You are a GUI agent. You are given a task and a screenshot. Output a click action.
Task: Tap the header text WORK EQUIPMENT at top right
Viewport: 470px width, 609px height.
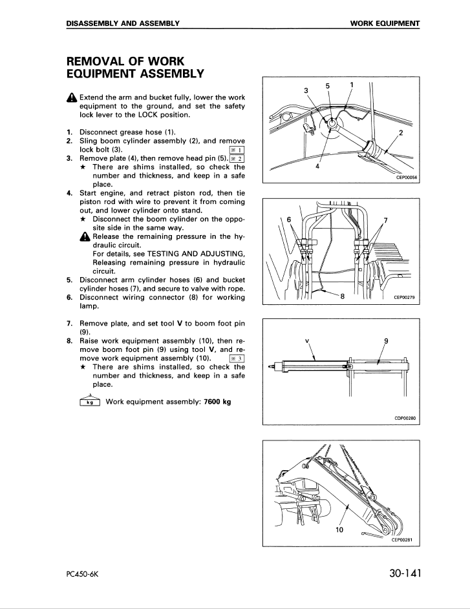(385, 24)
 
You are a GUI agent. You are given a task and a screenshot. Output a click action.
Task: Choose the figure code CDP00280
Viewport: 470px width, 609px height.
(403, 417)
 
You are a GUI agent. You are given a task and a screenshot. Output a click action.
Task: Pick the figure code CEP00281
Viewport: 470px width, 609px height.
(402, 540)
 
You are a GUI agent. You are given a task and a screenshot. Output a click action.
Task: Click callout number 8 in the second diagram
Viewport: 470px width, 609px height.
(342, 296)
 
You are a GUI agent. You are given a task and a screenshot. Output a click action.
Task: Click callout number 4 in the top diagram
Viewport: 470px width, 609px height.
(317, 166)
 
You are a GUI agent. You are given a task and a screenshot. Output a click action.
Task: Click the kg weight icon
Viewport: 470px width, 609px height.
(85, 402)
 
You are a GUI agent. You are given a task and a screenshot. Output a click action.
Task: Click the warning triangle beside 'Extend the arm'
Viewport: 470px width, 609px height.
(71, 98)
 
